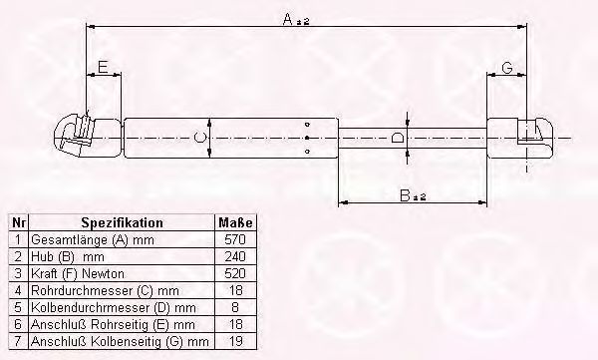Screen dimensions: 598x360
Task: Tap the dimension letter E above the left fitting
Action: tap(103, 67)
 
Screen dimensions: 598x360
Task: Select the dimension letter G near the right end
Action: tap(507, 68)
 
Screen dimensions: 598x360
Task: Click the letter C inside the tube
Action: tap(199, 137)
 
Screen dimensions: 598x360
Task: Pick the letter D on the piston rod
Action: tap(398, 137)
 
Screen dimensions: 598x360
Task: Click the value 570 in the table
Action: tap(235, 239)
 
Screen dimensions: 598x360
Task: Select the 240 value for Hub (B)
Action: tap(235, 256)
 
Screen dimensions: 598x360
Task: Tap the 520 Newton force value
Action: tap(235, 273)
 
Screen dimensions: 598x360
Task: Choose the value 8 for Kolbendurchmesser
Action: tap(235, 307)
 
